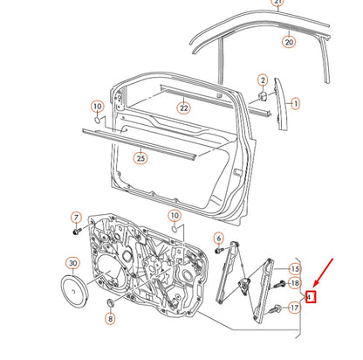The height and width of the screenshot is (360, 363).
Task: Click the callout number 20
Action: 288,41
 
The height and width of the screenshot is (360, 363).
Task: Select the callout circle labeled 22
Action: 182,108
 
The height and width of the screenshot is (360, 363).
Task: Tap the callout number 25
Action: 140,158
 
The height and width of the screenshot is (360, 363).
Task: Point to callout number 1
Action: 295,103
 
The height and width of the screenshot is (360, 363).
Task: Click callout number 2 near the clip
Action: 262,81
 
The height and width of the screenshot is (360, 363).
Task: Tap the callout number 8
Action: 110,320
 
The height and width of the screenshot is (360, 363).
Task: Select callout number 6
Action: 218,239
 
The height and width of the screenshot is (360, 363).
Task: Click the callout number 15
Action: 294,268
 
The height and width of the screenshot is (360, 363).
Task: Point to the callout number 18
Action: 294,284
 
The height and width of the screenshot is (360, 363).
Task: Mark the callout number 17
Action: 294,307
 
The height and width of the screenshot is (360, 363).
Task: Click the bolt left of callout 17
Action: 275,308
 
